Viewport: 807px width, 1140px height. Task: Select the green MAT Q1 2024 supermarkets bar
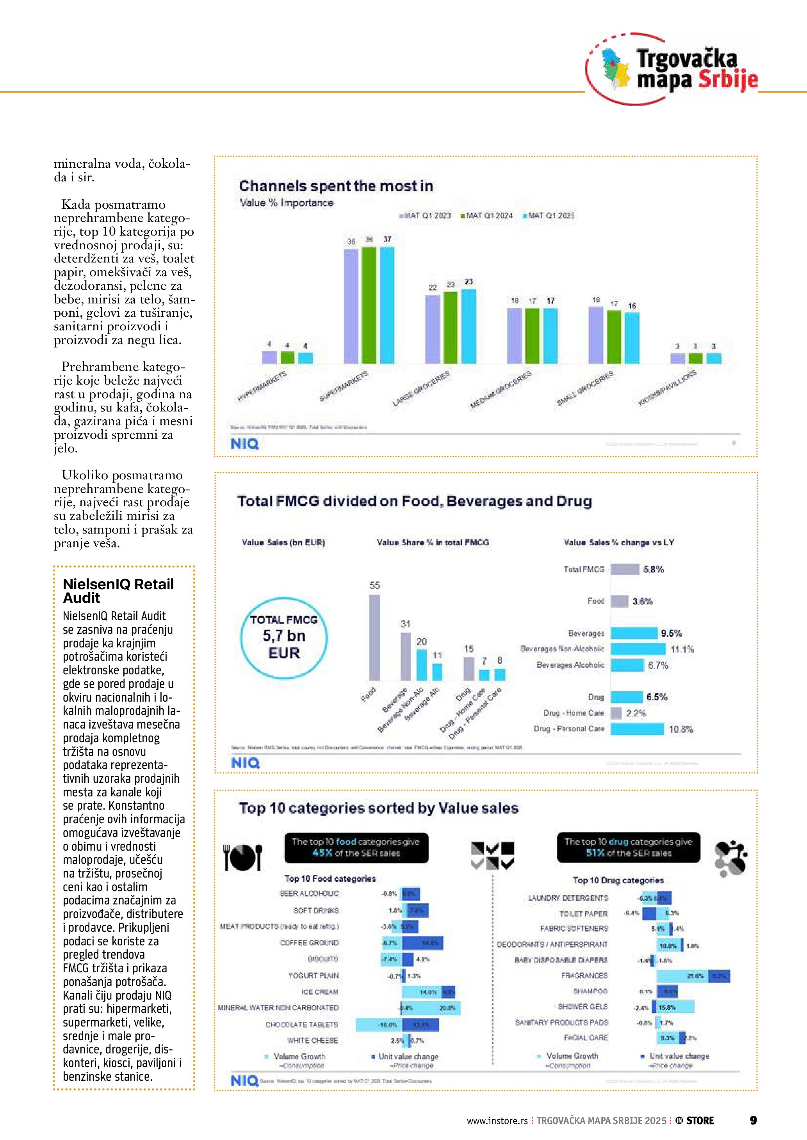[x=369, y=305]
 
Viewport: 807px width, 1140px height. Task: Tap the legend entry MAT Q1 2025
[x=549, y=216]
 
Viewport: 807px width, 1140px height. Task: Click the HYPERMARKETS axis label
[x=262, y=386]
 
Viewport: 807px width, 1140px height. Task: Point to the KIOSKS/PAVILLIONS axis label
[x=667, y=388]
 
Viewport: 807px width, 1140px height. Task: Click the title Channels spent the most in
[x=336, y=186]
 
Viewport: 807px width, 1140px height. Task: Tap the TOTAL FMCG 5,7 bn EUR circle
[x=284, y=638]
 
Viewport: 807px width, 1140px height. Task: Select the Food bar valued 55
[x=375, y=638]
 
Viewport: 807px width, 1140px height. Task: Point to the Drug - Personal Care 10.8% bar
[x=637, y=729]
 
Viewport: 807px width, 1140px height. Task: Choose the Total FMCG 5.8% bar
[x=625, y=569]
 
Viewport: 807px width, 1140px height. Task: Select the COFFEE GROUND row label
[x=309, y=942]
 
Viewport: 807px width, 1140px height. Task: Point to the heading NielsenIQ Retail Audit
[x=118, y=591]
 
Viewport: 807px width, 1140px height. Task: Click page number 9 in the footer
[x=753, y=1120]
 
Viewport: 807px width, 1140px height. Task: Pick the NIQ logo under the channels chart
[x=244, y=444]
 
